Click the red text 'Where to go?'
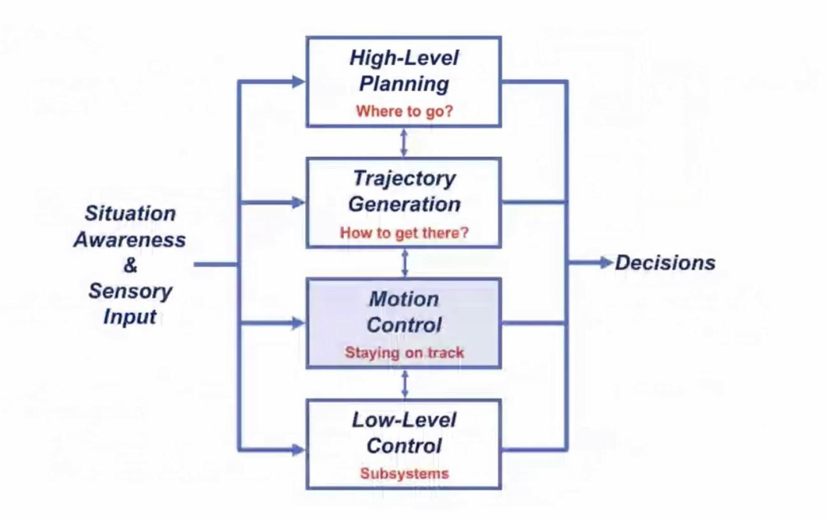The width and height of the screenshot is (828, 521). (404, 111)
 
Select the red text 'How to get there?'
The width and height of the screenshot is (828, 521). (404, 233)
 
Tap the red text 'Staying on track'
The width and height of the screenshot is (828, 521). (404, 352)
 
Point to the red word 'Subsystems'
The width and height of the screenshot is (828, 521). (404, 473)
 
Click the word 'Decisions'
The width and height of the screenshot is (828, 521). (665, 263)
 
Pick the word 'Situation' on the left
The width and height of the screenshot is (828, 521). (130, 213)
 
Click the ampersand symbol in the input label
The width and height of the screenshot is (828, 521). (130, 265)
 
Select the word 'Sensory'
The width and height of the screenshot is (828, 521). (130, 291)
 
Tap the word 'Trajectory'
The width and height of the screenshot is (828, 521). (404, 179)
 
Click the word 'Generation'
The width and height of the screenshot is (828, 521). (404, 204)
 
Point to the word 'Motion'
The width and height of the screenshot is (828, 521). (404, 299)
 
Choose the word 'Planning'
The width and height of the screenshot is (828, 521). (404, 84)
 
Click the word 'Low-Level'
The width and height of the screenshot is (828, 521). (404, 420)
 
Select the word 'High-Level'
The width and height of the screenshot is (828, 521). (404, 58)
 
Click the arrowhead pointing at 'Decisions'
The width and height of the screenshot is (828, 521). (606, 263)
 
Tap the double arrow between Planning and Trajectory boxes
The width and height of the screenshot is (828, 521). (404, 143)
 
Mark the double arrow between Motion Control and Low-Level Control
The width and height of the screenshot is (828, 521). (405, 384)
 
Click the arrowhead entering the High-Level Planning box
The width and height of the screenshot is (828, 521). (299, 82)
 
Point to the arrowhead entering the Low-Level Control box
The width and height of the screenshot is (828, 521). (299, 450)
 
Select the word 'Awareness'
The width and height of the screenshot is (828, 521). (130, 240)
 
